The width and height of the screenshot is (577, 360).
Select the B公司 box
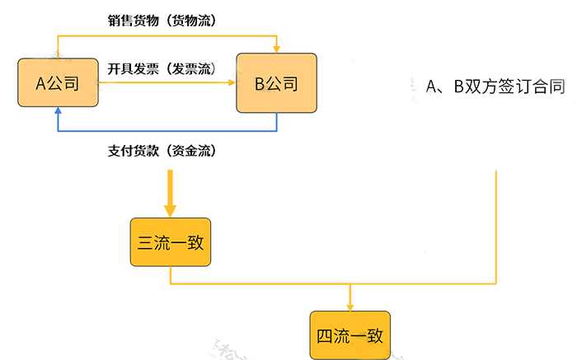tap(276, 83)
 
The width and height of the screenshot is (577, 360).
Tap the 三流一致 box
tap(171, 242)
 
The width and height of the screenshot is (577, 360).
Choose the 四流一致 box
tap(349, 335)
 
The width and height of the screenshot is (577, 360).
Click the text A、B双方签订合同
tap(495, 86)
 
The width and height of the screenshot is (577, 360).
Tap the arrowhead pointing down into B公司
tap(276, 48)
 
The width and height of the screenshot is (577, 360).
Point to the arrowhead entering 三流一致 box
tap(171, 212)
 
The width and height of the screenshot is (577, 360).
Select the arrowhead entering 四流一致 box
tap(349, 306)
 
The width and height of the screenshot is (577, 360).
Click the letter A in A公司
tap(40, 83)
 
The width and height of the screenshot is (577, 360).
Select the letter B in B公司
tap(259, 83)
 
